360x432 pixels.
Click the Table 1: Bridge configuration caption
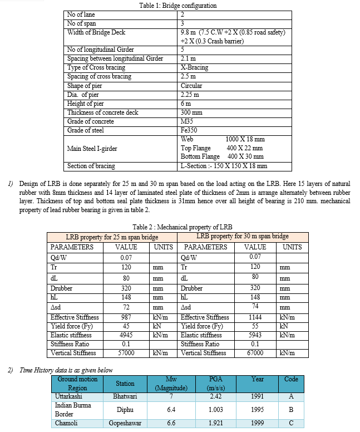(178, 6)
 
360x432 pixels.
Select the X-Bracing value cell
(194, 68)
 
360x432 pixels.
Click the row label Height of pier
(85, 104)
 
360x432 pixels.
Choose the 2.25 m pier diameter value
(190, 95)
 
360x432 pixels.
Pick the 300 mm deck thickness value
(191, 112)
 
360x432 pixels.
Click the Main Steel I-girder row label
(92, 149)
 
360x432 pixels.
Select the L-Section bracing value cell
(224, 166)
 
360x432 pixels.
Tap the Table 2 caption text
(183, 227)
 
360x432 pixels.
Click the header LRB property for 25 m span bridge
(112, 237)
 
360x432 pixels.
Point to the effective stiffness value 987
(126, 317)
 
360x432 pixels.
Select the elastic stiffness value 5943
(255, 335)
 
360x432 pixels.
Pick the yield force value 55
(255, 326)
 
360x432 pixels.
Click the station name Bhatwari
(125, 396)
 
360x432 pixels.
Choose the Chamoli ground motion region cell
(67, 424)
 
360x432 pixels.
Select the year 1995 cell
(257, 410)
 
